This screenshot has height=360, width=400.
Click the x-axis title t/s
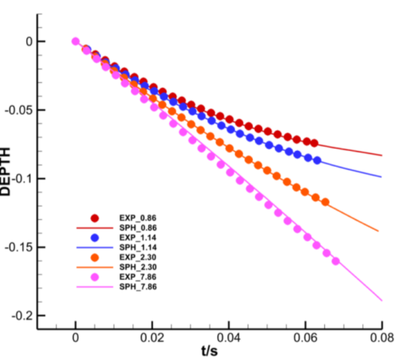[208, 350]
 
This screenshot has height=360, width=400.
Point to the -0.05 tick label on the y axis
[18, 110]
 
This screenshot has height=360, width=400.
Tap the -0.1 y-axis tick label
[21, 179]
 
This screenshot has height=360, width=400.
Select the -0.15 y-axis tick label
[18, 248]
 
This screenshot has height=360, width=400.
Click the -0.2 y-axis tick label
[21, 316]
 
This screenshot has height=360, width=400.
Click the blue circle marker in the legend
[95, 237]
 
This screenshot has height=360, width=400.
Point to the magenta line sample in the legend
[95, 287]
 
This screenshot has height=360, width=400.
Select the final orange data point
[325, 202]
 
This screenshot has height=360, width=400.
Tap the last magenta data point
[335, 261]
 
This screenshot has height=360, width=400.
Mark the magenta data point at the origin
[76, 41]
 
